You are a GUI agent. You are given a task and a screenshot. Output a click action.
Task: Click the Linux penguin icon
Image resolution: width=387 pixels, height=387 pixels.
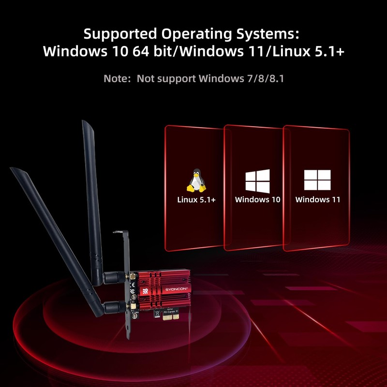coord(196,181)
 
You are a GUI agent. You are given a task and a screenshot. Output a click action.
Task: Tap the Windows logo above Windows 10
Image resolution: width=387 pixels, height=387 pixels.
coord(257,181)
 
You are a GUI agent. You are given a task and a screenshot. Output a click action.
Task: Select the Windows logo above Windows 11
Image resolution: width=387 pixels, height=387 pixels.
coord(317,180)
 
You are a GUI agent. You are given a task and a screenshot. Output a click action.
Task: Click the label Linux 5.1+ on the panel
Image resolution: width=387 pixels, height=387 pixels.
coord(196,199)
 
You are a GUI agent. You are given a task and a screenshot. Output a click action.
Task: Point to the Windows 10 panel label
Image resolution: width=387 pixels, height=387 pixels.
coord(257,199)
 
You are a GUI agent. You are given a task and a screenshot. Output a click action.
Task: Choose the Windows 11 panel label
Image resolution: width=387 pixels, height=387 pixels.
coord(318,199)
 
